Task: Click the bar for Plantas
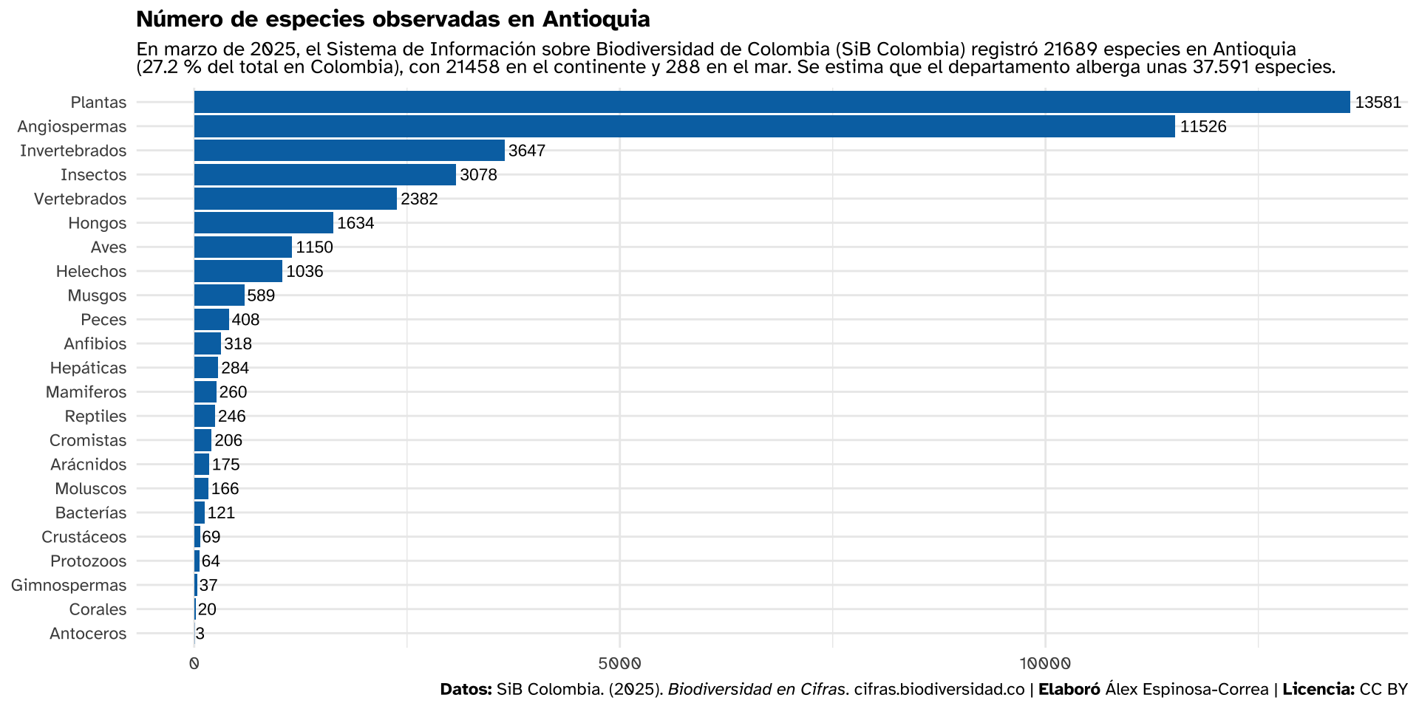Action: click(772, 103)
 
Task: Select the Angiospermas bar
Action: click(684, 126)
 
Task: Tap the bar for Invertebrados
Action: click(349, 151)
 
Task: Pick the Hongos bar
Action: click(263, 223)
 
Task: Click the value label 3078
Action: click(478, 175)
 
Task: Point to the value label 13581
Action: click(1378, 103)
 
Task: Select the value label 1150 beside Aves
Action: click(314, 247)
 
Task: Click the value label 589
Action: click(261, 295)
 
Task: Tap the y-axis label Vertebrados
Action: click(80, 199)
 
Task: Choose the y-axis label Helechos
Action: click(91, 271)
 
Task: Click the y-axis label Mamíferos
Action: click(86, 392)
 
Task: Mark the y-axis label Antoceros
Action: click(88, 634)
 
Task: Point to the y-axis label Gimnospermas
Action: click(69, 586)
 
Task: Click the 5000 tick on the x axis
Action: click(619, 663)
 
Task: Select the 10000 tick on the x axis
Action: click(1045, 663)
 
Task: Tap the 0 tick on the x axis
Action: click(194, 663)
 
